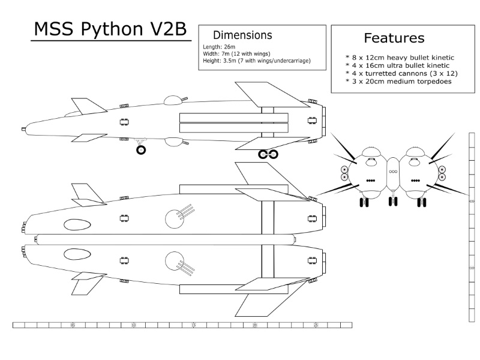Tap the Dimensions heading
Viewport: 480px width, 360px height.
point(242,35)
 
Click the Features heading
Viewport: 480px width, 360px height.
point(394,38)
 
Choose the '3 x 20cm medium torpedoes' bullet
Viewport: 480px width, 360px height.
point(399,81)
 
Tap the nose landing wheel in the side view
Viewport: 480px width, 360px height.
point(141,150)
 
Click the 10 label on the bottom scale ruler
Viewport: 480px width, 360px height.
point(133,325)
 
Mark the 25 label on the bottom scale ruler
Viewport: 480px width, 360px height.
point(315,325)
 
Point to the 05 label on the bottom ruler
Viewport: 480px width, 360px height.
point(73,325)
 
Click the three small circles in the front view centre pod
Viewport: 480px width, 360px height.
point(394,171)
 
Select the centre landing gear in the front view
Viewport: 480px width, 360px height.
point(394,200)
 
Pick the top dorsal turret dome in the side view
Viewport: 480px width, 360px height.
point(172,99)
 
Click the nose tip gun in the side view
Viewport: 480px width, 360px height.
point(23,128)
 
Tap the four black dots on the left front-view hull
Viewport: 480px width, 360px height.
point(371,180)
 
